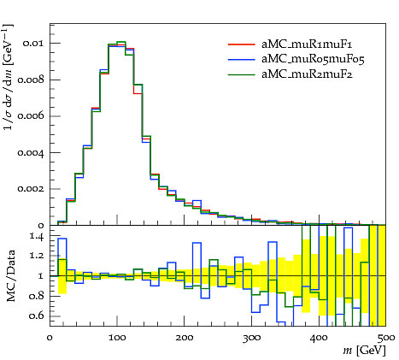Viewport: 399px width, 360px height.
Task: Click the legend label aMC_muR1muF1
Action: (x=307, y=44)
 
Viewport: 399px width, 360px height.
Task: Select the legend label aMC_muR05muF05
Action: (x=313, y=59)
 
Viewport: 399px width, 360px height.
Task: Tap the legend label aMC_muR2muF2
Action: (x=307, y=74)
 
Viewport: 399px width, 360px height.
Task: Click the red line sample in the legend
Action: (x=241, y=44)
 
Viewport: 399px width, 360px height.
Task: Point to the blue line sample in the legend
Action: (x=241, y=59)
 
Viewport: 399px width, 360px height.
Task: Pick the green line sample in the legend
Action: (x=241, y=74)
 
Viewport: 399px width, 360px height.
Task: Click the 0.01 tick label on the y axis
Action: (x=33, y=44)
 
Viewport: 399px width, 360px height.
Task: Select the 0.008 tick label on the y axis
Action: (x=31, y=80)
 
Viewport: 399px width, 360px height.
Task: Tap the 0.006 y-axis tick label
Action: (x=31, y=116)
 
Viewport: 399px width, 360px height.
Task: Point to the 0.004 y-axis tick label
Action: (x=31, y=153)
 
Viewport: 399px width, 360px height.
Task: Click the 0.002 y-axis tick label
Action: (x=31, y=189)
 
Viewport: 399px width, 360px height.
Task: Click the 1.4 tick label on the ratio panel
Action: (x=37, y=237)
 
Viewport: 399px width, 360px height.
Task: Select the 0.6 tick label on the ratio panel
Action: (x=37, y=316)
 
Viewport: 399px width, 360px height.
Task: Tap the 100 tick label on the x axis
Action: (x=117, y=338)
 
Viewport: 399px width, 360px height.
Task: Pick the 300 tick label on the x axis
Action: (x=251, y=338)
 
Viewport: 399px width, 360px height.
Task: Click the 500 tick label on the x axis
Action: (x=386, y=338)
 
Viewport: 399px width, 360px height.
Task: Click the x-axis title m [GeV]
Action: (x=364, y=351)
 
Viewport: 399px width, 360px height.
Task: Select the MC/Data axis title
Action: (x=10, y=275)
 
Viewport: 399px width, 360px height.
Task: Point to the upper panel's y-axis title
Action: (x=9, y=77)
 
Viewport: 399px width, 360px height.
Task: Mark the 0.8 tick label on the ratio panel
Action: (x=37, y=296)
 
